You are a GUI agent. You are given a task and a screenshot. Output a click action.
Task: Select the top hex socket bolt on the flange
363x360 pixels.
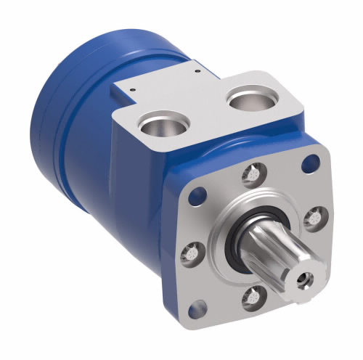[x=251, y=174]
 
